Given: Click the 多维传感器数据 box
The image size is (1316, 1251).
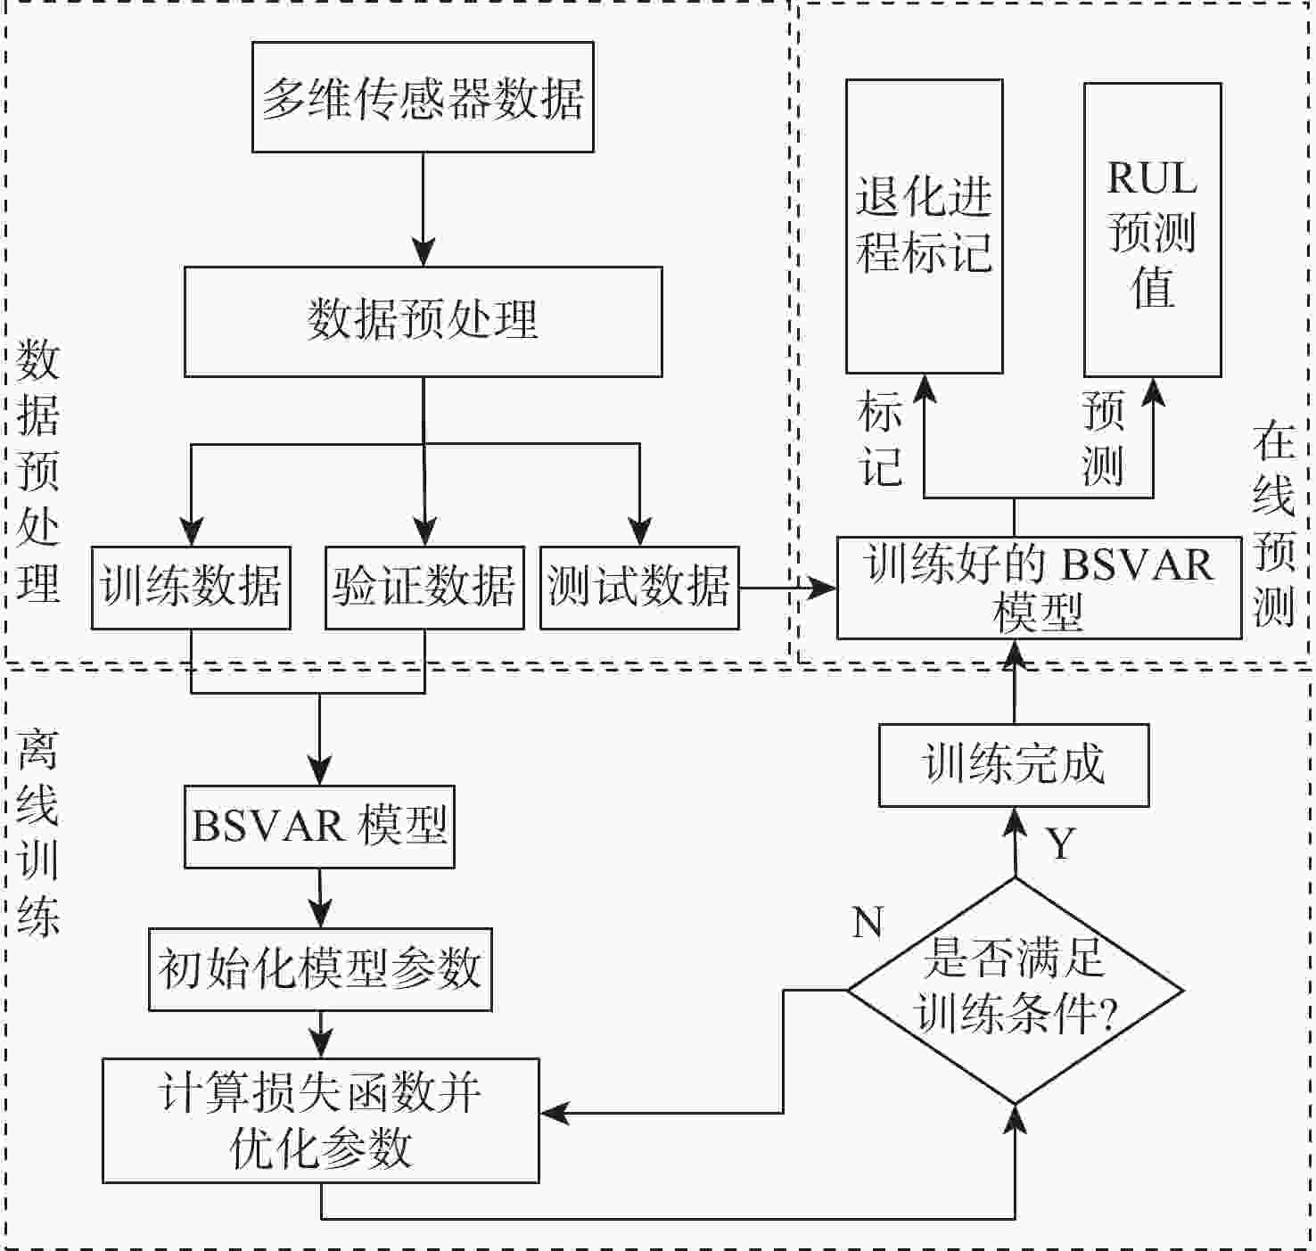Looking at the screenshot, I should [x=423, y=97].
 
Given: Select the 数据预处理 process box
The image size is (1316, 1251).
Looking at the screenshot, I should [x=423, y=321].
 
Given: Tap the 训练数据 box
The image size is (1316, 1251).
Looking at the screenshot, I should [x=191, y=588].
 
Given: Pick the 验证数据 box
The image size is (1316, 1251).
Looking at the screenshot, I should [x=424, y=588].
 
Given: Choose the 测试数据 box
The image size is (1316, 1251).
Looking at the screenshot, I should [x=639, y=588].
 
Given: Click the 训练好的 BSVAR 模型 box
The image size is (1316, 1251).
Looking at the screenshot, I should [x=1039, y=588].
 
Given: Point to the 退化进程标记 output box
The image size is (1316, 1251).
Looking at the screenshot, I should [x=924, y=226].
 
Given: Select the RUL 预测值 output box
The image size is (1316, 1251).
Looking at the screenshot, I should [x=1152, y=229].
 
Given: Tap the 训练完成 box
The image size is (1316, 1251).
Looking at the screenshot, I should [x=1014, y=765].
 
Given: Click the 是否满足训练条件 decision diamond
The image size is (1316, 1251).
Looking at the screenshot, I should [x=1015, y=991].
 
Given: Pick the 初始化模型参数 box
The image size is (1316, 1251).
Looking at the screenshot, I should [x=320, y=969].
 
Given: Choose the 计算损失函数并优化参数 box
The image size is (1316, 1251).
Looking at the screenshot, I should [x=320, y=1121].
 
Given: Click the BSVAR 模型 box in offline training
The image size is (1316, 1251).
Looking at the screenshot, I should [x=319, y=827].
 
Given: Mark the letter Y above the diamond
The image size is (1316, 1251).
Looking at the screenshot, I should [x=1060, y=844].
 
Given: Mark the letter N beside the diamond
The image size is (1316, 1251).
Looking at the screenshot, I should [x=868, y=922].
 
